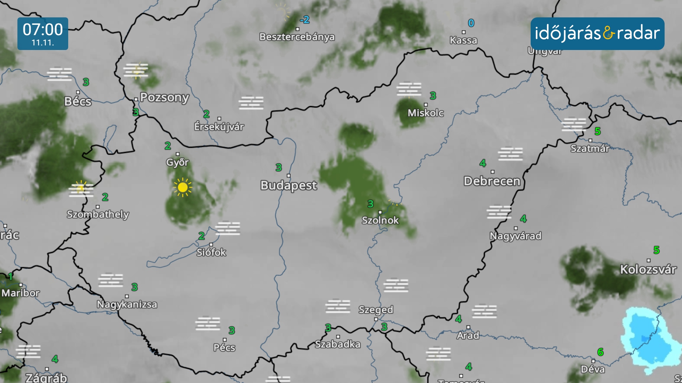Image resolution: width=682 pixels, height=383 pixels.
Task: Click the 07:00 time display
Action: click(x=43, y=29)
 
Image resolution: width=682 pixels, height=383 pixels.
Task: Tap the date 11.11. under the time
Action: click(x=43, y=43)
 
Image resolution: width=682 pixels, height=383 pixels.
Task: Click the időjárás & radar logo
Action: click(x=597, y=33)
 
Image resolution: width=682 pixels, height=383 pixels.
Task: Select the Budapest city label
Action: click(x=288, y=185)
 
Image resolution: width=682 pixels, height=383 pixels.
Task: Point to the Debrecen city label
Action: click(x=492, y=181)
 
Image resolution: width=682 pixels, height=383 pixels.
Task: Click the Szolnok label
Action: click(x=380, y=220)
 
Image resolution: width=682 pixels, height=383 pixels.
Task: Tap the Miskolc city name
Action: click(x=426, y=113)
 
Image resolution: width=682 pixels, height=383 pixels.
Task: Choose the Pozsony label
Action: click(x=164, y=97)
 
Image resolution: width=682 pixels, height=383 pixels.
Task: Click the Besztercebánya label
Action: click(x=297, y=37)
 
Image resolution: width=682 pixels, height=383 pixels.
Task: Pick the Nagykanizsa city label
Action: click(x=127, y=304)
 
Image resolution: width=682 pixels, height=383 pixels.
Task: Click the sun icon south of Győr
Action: click(x=183, y=187)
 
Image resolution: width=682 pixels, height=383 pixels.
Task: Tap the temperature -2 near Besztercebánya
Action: click(x=305, y=20)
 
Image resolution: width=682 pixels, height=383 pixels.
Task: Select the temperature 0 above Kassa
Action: click(x=471, y=23)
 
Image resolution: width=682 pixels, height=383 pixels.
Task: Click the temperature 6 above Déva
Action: click(x=600, y=352)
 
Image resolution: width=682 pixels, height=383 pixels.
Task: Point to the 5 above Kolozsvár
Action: click(x=656, y=250)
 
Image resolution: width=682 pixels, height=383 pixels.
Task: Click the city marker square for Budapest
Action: click(x=288, y=176)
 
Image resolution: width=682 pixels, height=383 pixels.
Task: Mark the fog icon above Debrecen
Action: click(x=510, y=154)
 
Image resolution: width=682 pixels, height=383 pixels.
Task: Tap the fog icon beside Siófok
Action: click(x=228, y=228)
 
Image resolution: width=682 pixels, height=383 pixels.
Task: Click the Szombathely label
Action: click(x=98, y=214)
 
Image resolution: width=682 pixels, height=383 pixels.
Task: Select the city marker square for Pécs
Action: click(x=224, y=340)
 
